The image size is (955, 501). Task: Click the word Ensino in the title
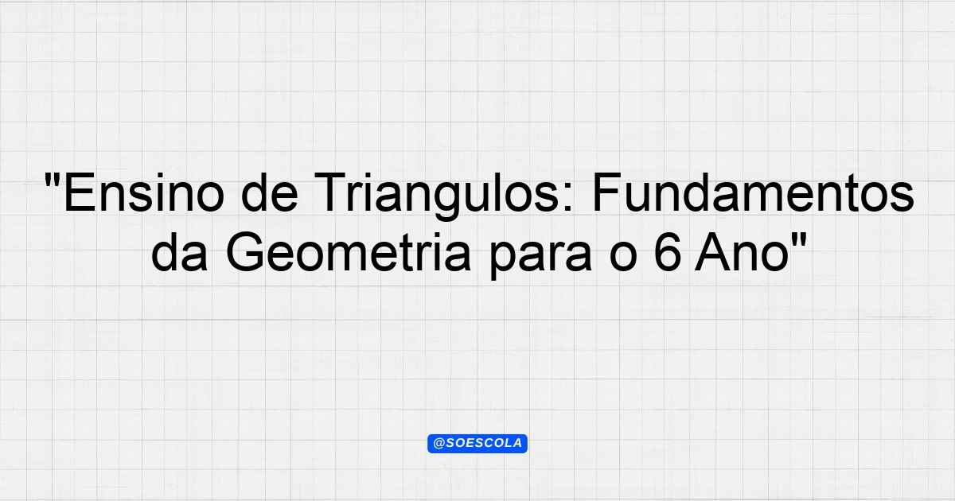tap(144, 192)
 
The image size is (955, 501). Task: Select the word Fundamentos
tap(754, 192)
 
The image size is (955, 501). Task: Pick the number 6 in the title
tap(667, 252)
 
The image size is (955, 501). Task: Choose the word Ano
tap(743, 252)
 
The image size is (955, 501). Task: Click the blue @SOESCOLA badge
tap(477, 444)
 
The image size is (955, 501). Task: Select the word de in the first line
tap(270, 192)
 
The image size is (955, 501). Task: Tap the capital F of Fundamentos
tap(607, 192)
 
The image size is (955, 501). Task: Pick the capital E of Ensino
tap(78, 192)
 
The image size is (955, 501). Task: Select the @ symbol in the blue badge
tap(439, 444)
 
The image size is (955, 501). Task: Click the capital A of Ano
tap(712, 252)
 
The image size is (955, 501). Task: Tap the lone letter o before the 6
tap(623, 257)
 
